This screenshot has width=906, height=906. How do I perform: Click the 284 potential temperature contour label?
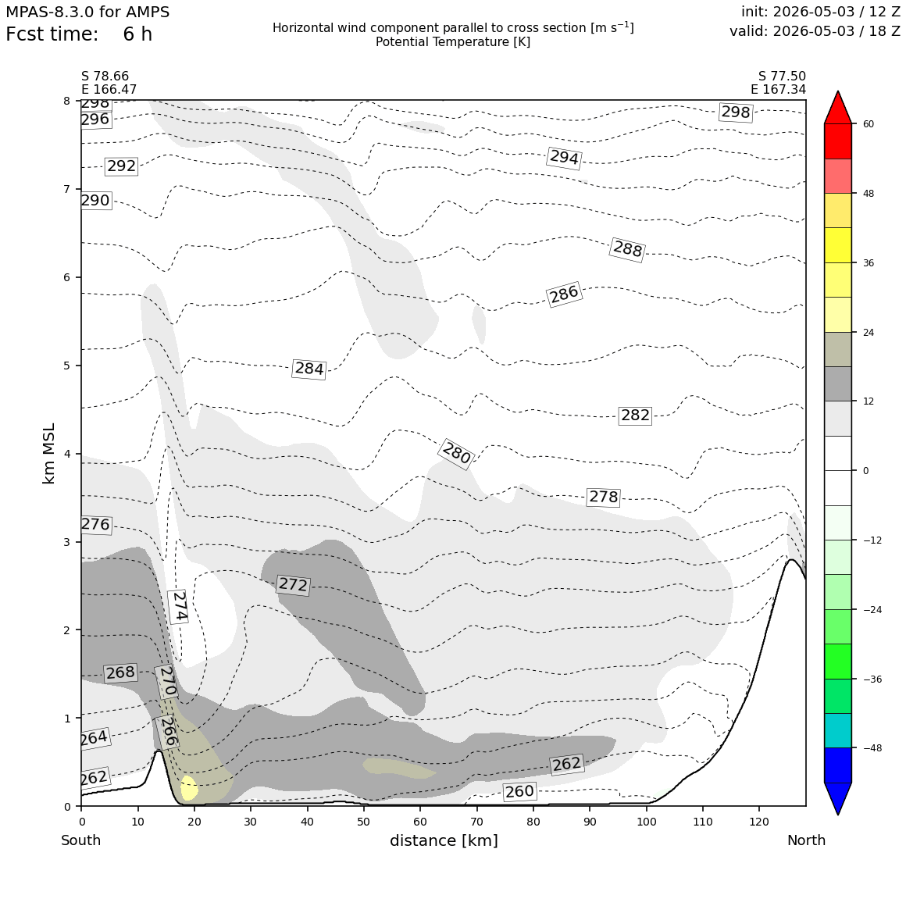(x=309, y=369)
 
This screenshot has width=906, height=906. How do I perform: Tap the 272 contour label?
(x=293, y=585)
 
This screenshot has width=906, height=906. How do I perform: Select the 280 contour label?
(x=456, y=454)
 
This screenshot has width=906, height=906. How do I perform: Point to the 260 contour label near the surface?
(x=519, y=791)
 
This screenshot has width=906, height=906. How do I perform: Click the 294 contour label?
(x=563, y=157)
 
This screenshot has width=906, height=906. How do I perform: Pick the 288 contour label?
(x=627, y=249)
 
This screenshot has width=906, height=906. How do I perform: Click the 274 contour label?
(x=179, y=606)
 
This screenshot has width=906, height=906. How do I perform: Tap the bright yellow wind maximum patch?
(x=189, y=787)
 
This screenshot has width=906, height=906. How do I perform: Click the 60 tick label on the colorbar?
(x=868, y=124)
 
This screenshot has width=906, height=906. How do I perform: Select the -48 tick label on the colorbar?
(x=871, y=748)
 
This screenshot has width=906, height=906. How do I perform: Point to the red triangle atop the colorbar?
(x=838, y=108)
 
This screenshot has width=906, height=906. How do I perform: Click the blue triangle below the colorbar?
(x=838, y=798)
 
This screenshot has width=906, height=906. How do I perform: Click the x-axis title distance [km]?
(x=444, y=840)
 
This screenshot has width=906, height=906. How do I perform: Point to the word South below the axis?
(x=81, y=840)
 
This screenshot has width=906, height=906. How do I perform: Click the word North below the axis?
(x=806, y=840)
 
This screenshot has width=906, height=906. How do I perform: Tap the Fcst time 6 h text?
(x=79, y=34)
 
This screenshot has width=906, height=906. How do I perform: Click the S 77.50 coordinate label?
(x=782, y=77)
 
